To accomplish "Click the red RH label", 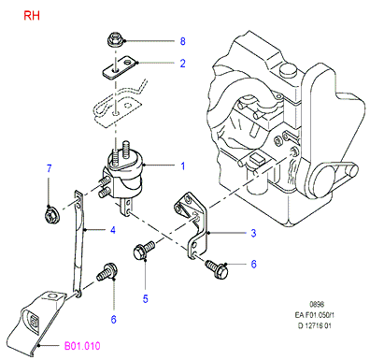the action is coord(32,15).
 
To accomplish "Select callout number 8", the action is coord(183,41).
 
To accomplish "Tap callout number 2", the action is coord(183,64).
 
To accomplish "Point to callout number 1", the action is coord(183,166).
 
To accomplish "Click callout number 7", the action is coord(49,168).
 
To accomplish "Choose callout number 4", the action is coord(113,230).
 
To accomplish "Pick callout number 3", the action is coord(253,233).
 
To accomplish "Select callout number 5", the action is coord(146,299).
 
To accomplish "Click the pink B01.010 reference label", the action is coord(82,346).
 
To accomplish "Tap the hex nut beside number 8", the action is coord(113,39).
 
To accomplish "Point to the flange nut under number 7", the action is coord(50,215).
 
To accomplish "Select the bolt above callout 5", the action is coord(144,250).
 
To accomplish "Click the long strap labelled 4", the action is coord(78,243).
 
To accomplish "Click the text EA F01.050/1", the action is coord(315,315).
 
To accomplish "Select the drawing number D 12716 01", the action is coord(315,326).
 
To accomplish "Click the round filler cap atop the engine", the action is coord(288,70).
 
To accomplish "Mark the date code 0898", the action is coord(317,304).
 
